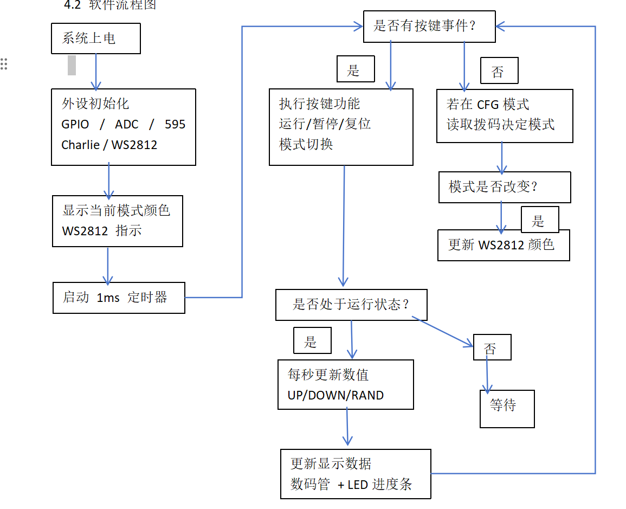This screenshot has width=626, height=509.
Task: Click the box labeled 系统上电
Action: click(x=95, y=38)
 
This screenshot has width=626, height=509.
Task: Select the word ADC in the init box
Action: click(x=127, y=124)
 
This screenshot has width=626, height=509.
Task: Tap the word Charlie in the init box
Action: click(x=80, y=145)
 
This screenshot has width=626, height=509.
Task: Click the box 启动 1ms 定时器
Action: click(x=119, y=298)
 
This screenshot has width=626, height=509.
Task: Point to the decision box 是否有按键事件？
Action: click(x=429, y=26)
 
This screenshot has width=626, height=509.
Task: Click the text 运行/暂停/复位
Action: click(x=325, y=124)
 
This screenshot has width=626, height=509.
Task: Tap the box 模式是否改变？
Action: click(x=504, y=187)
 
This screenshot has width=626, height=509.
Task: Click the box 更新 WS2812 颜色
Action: click(x=504, y=245)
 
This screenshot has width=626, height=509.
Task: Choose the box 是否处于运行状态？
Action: click(x=351, y=305)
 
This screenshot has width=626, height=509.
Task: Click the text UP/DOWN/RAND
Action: click(x=335, y=395)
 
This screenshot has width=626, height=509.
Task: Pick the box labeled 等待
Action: click(x=507, y=409)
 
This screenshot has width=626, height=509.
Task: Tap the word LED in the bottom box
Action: click(x=357, y=484)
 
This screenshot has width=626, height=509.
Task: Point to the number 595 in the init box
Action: click(x=175, y=124)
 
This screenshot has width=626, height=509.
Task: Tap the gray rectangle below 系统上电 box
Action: click(x=72, y=65)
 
